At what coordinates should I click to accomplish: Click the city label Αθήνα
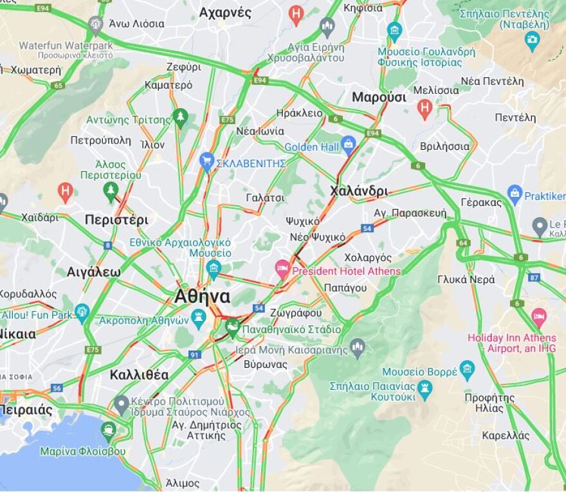pos(202,296)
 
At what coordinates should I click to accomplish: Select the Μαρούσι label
pos(379,97)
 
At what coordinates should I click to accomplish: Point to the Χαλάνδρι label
pos(359,191)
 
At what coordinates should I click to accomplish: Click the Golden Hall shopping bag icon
pos(349,145)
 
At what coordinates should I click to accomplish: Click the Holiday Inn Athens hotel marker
pos(539,316)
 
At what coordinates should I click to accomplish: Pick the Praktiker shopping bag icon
pos(515,192)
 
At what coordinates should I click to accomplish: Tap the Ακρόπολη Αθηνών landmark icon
pos(199,316)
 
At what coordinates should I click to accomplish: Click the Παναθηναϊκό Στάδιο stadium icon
pos(232,326)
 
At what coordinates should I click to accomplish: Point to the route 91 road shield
pos(195,354)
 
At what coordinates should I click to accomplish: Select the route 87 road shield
pos(534,277)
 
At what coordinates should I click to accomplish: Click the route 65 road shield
pos(59,85)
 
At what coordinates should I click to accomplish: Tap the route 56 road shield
pos(57,388)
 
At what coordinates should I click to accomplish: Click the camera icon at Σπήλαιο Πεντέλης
pos(532,40)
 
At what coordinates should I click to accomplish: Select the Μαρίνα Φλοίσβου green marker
pos(108,430)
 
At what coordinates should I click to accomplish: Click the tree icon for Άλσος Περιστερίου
pos(111,190)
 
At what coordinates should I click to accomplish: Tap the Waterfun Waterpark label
pos(66,46)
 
